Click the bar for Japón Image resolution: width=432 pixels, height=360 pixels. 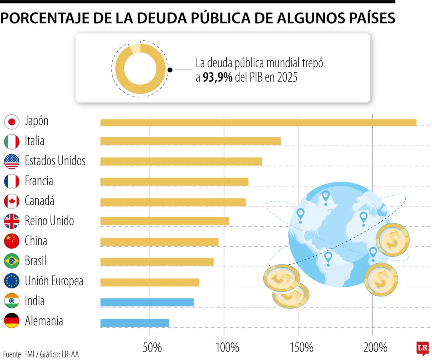point(258,123)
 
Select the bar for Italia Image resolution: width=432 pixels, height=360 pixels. point(190,141)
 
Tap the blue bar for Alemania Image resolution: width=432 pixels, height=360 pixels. point(134,323)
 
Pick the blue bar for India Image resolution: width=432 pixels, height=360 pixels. point(147,302)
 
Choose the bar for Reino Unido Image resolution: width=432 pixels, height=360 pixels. point(164,221)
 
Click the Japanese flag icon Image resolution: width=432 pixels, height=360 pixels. point(12,122)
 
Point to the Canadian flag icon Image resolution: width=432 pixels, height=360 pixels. point(12,201)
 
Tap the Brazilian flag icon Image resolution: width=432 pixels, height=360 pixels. point(12,261)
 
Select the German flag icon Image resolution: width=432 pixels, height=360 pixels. point(12,321)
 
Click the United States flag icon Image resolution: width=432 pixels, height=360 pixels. point(12,161)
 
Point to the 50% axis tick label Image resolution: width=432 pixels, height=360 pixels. point(152,348)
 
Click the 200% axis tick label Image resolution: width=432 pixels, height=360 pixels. point(375,348)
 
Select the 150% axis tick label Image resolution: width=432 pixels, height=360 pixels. point(301,348)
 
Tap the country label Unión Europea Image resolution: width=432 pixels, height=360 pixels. point(54,281)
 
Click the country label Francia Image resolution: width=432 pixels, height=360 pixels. point(39,181)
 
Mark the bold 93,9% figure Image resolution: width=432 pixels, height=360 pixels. point(218,77)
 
